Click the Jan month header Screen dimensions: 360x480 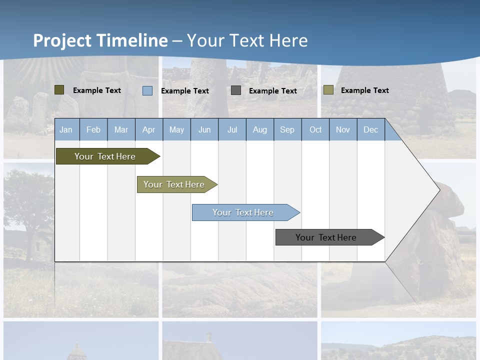point(66,130)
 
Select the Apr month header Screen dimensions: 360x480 point(148,130)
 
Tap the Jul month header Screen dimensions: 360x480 point(232,130)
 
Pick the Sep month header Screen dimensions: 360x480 point(287,130)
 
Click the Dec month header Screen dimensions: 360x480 point(370,130)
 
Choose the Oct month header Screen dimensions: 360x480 point(315,130)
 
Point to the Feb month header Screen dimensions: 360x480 point(93,130)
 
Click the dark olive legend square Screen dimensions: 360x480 point(59,90)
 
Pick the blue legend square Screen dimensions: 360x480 point(147,90)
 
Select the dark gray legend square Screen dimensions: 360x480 point(236,90)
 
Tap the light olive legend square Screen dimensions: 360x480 point(328,90)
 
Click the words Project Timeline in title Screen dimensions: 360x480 point(100,40)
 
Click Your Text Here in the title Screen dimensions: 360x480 point(247,40)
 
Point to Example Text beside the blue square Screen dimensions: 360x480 point(185,91)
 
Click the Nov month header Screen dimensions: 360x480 point(343,130)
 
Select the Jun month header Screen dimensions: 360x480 point(204,130)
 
